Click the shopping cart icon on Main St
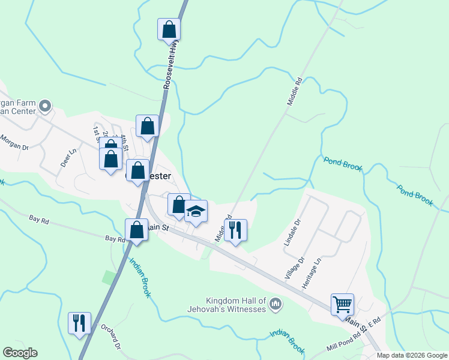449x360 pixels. click(342, 304)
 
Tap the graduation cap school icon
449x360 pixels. click(196, 211)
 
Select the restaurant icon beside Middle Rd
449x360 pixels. click(235, 230)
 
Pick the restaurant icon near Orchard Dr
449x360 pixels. click(79, 323)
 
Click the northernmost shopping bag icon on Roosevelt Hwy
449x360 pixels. click(169, 29)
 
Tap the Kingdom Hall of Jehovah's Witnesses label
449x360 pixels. click(235, 305)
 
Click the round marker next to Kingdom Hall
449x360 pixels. click(275, 305)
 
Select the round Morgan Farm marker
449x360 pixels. click(44, 107)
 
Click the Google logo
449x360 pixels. click(20, 353)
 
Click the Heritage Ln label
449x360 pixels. click(312, 273)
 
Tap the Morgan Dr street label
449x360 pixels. click(14, 142)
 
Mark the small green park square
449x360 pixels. click(109, 278)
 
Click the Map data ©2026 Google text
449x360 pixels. click(411, 355)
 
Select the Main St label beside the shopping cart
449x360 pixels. click(356, 325)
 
